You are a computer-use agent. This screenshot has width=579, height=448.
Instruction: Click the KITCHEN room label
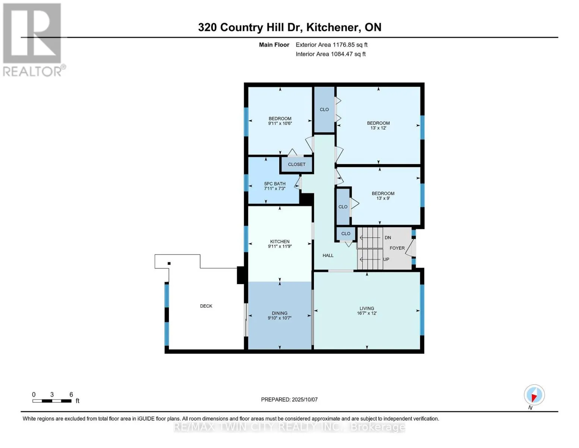pyautogui.click(x=280, y=242)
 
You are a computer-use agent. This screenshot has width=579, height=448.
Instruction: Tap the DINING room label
pyautogui.click(x=280, y=313)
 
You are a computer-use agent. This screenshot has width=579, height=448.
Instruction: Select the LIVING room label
pyautogui.click(x=366, y=308)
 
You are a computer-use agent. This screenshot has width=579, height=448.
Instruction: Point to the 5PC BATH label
pyautogui.click(x=275, y=184)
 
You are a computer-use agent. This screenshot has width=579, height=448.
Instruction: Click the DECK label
pyautogui.click(x=206, y=306)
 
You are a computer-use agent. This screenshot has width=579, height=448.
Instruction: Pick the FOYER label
pyautogui.click(x=397, y=248)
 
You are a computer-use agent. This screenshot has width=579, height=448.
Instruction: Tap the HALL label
pyautogui.click(x=328, y=256)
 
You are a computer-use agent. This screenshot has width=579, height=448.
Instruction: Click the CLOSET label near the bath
pyautogui.click(x=296, y=164)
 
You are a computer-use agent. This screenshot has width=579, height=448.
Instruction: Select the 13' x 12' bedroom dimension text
pyautogui.click(x=378, y=128)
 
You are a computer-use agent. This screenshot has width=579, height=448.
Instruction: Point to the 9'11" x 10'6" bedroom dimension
pyautogui.click(x=280, y=124)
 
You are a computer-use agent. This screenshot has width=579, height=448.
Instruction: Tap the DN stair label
pyautogui.click(x=388, y=238)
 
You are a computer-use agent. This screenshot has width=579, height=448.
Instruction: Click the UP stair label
pyautogui.click(x=386, y=259)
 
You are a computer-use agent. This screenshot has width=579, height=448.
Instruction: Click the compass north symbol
pyautogui.click(x=534, y=395)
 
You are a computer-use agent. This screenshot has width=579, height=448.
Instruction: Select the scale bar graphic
pyautogui.click(x=52, y=401)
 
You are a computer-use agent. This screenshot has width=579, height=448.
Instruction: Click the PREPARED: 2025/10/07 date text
pyautogui.click(x=289, y=400)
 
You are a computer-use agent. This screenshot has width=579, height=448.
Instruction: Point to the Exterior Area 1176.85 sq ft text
pyautogui.click(x=331, y=45)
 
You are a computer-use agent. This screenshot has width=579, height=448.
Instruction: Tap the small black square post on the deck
pyautogui.click(x=169, y=264)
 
